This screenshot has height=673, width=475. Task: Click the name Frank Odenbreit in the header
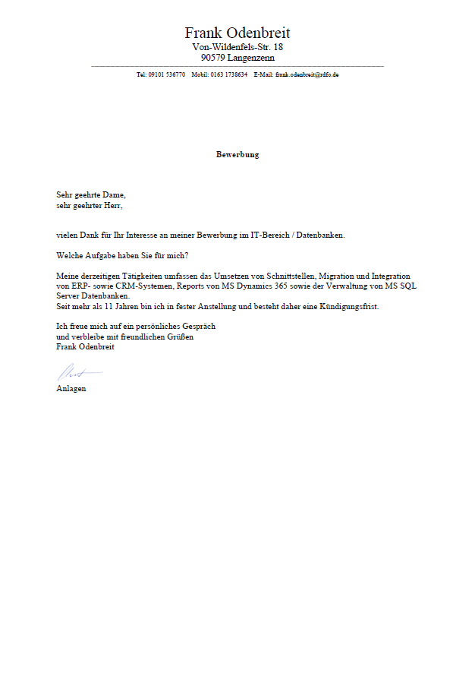pyautogui.click(x=237, y=33)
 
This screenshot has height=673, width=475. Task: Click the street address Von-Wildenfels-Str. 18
pyautogui.click(x=237, y=47)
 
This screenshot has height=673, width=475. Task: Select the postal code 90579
pyautogui.click(x=213, y=58)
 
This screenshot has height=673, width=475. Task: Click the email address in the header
pyautogui.click(x=307, y=75)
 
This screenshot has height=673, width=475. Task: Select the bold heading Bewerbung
pyautogui.click(x=237, y=154)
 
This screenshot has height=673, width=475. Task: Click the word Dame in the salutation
pyautogui.click(x=113, y=195)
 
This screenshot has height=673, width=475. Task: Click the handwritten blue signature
pyautogui.click(x=76, y=372)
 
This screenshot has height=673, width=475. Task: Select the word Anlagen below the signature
pyautogui.click(x=71, y=388)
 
